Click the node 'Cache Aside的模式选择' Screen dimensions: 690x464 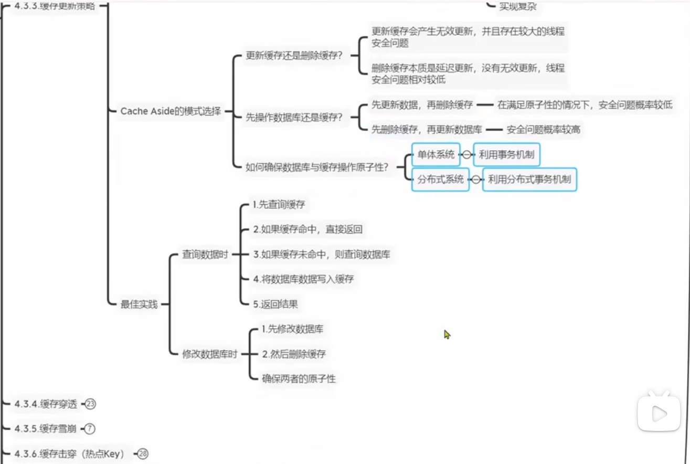(171, 111)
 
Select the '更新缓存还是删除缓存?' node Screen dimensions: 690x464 (294, 56)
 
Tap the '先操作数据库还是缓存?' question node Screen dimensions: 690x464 (294, 117)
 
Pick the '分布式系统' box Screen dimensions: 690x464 (440, 179)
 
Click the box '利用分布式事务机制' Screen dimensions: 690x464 (529, 179)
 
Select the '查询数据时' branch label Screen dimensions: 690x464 (205, 254)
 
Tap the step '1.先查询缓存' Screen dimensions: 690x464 (279, 205)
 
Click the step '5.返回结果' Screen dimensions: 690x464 (275, 303)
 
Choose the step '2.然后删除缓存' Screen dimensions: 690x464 (294, 354)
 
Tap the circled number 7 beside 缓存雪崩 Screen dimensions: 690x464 (89, 429)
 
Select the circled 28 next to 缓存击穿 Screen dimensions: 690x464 (143, 454)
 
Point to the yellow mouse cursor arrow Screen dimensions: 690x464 (447, 334)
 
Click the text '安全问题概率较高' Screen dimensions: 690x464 (543, 129)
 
